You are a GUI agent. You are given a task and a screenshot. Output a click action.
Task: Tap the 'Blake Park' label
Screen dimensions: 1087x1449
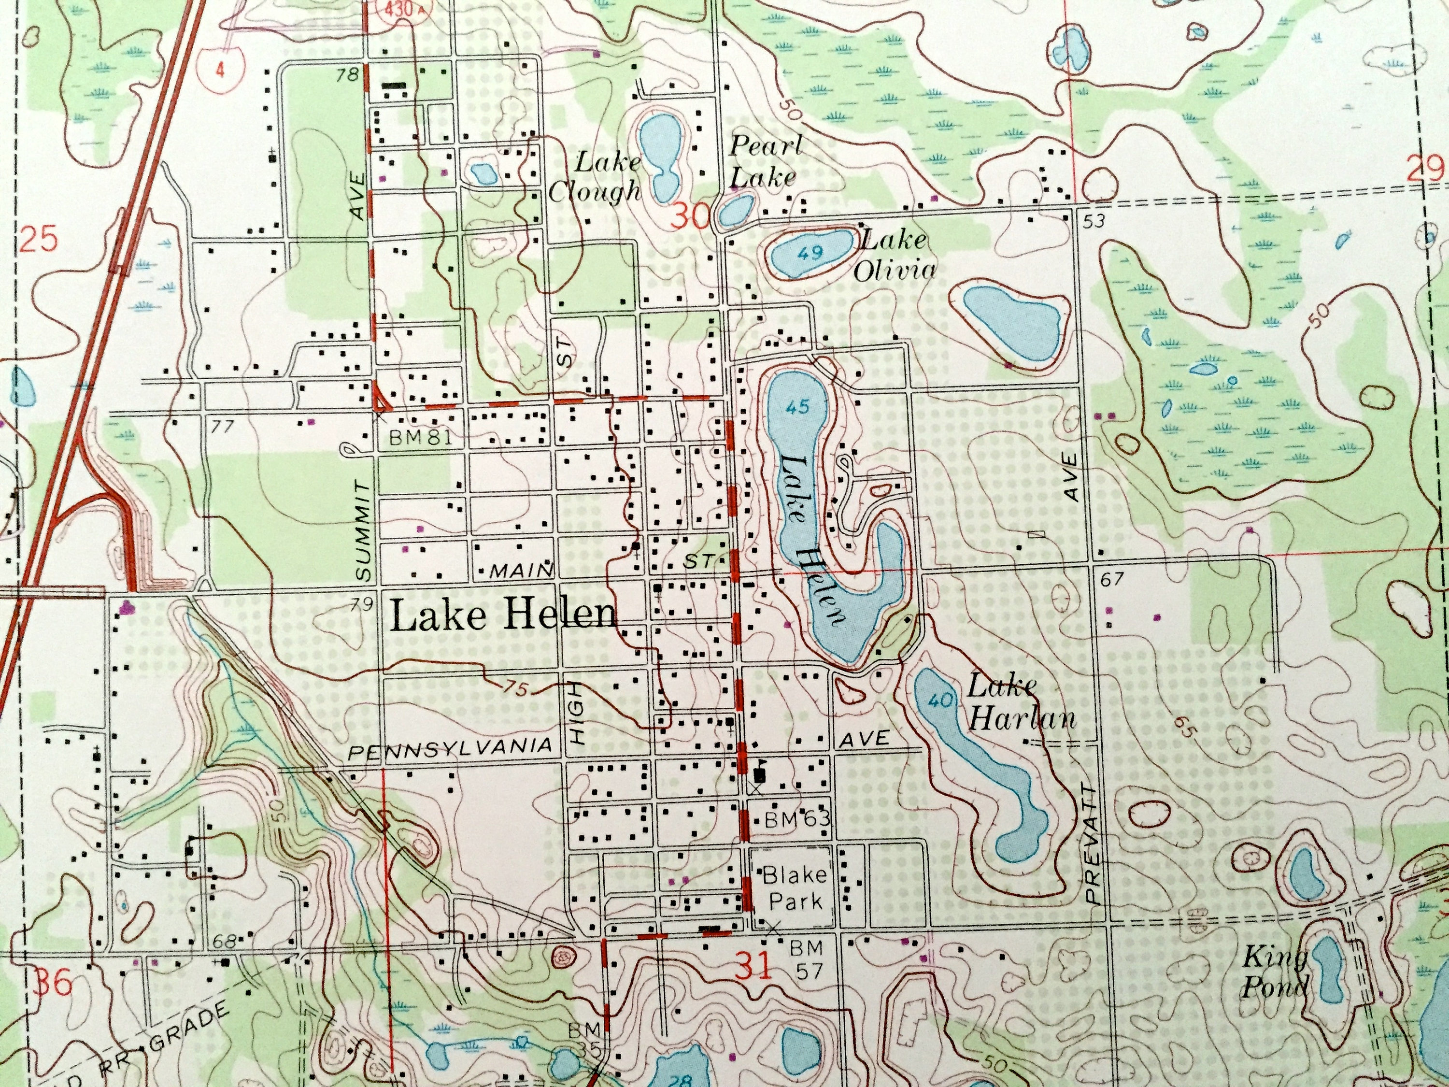[x=795, y=888]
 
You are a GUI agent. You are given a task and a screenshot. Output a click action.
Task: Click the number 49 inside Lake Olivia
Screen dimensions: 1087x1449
[x=810, y=254]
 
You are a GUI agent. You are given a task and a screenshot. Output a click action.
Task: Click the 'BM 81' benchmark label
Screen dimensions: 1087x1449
[x=420, y=438]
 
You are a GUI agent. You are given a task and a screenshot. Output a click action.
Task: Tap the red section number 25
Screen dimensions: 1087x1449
[x=38, y=240]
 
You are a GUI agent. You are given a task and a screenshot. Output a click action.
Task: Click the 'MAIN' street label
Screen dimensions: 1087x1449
[x=522, y=571]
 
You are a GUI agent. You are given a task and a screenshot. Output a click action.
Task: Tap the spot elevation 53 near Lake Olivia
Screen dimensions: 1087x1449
[x=1094, y=221]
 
